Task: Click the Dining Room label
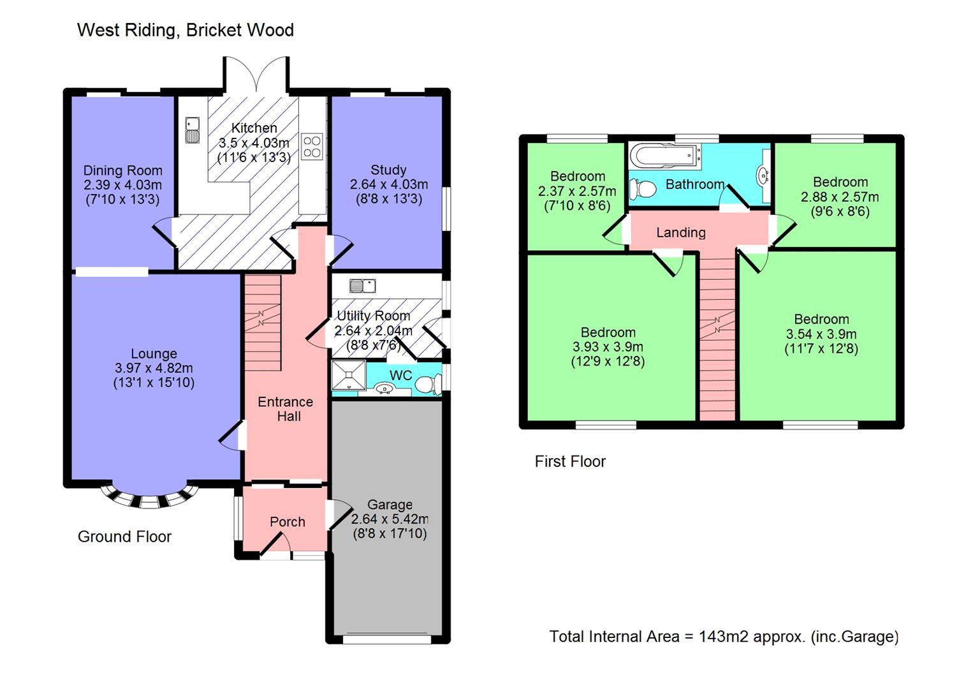(122, 170)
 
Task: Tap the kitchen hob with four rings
(312, 147)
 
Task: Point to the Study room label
(388, 170)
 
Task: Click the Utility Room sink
(362, 286)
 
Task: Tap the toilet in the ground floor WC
(428, 383)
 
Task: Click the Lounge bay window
(149, 498)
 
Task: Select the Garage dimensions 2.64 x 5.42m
(390, 519)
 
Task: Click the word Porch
(288, 522)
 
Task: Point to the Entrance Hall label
(286, 409)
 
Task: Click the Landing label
(681, 233)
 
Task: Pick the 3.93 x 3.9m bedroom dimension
(608, 347)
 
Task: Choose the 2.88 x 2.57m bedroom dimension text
(840, 197)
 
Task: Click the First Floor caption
(570, 461)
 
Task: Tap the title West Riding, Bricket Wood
(186, 30)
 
